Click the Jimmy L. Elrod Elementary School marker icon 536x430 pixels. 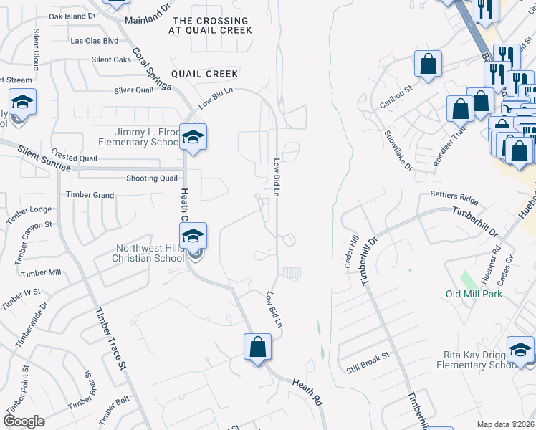click(193, 136)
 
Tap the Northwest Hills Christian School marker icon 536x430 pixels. click(193, 235)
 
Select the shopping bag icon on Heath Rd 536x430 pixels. click(258, 348)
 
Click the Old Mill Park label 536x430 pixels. click(474, 294)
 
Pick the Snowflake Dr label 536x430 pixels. click(398, 150)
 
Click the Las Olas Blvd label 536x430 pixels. click(94, 41)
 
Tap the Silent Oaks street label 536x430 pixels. click(111, 59)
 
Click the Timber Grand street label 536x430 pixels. click(90, 195)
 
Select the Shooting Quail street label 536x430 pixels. click(151, 178)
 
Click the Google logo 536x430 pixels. click(24, 421)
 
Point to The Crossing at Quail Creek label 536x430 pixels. click(211, 26)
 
